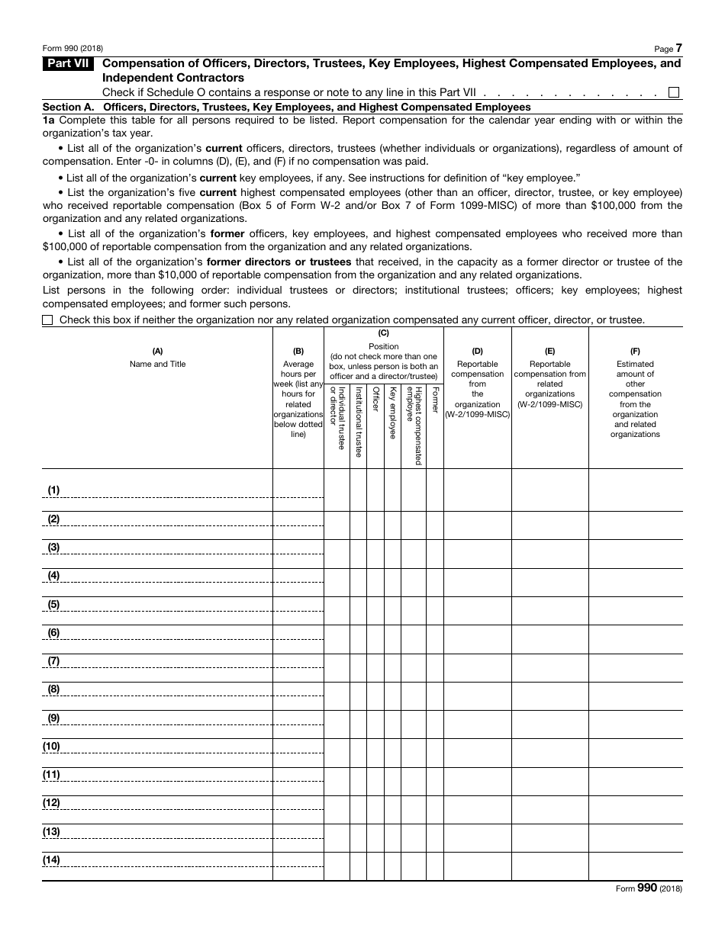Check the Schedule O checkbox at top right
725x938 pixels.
[x=674, y=92]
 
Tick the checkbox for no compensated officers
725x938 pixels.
[x=47, y=320]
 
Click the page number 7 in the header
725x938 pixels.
[x=678, y=48]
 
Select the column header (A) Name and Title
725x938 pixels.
[x=157, y=358]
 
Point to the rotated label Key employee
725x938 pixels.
[x=392, y=413]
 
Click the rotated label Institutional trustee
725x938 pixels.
[x=358, y=421]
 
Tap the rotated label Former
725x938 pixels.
[x=435, y=400]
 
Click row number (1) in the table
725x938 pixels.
[x=53, y=490]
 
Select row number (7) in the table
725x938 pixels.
[x=53, y=661]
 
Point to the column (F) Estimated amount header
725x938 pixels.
[x=635, y=393]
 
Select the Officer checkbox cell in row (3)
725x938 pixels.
[x=375, y=554]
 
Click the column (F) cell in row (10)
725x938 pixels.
[x=635, y=753]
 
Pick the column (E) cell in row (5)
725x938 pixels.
[x=549, y=611]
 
